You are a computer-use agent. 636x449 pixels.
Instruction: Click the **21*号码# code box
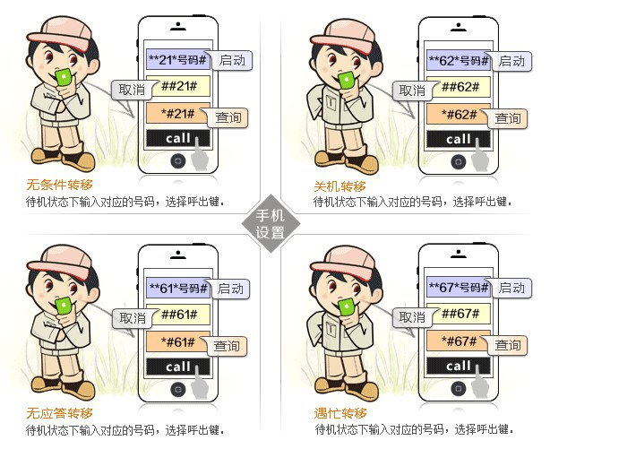(x=177, y=60)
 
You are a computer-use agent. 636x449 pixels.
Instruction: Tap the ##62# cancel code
(x=459, y=87)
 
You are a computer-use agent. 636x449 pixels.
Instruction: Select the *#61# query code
(x=177, y=341)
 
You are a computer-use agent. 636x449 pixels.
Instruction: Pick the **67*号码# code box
(x=459, y=288)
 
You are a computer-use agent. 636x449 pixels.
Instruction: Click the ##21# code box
(x=177, y=86)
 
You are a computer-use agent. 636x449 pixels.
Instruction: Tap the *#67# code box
(x=459, y=341)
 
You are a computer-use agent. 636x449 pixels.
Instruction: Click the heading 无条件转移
(x=60, y=185)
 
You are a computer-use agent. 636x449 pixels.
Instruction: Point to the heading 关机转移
(x=339, y=186)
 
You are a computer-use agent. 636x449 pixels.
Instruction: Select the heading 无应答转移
(x=60, y=413)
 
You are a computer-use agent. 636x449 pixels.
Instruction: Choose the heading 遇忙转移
(x=340, y=413)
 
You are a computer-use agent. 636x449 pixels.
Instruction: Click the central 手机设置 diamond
(x=271, y=224)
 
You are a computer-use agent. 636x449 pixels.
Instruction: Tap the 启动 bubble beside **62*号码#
(x=511, y=62)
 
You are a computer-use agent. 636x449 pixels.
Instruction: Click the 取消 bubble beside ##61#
(x=133, y=318)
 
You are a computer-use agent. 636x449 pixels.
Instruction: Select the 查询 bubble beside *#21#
(x=228, y=117)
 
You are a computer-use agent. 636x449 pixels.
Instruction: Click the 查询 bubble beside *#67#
(x=507, y=345)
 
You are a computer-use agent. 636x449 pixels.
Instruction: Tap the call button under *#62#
(x=459, y=139)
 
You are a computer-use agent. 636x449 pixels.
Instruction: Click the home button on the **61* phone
(x=178, y=389)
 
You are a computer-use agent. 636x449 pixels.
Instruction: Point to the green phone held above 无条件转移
(x=64, y=78)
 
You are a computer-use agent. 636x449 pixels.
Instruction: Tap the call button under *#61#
(x=177, y=367)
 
